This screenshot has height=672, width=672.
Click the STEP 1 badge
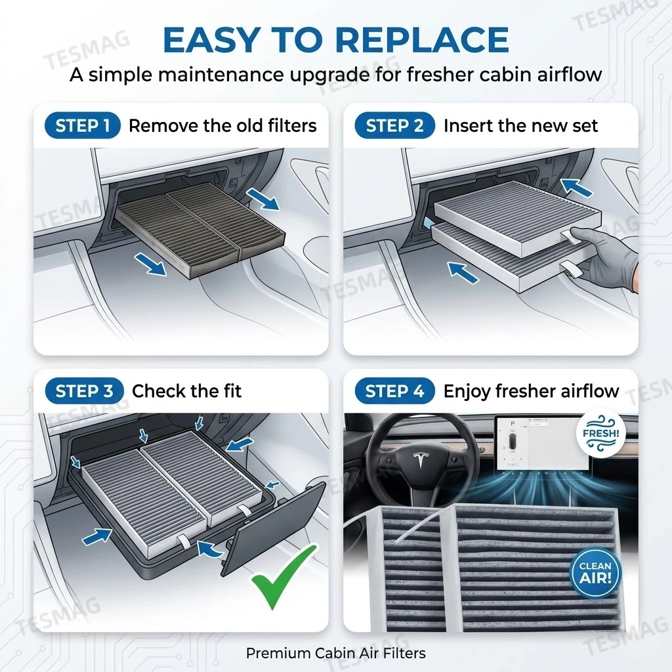83,126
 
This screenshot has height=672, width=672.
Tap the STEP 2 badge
394,126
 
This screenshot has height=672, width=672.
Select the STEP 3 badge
84,392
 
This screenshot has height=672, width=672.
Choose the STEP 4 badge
394,392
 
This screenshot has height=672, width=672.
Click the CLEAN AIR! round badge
595,572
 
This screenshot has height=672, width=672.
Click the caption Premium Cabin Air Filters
335,653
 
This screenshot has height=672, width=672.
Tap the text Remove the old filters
222,126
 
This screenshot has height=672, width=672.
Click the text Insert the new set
520,126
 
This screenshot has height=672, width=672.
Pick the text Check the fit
186,392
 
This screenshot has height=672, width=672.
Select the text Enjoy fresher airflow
531,392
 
